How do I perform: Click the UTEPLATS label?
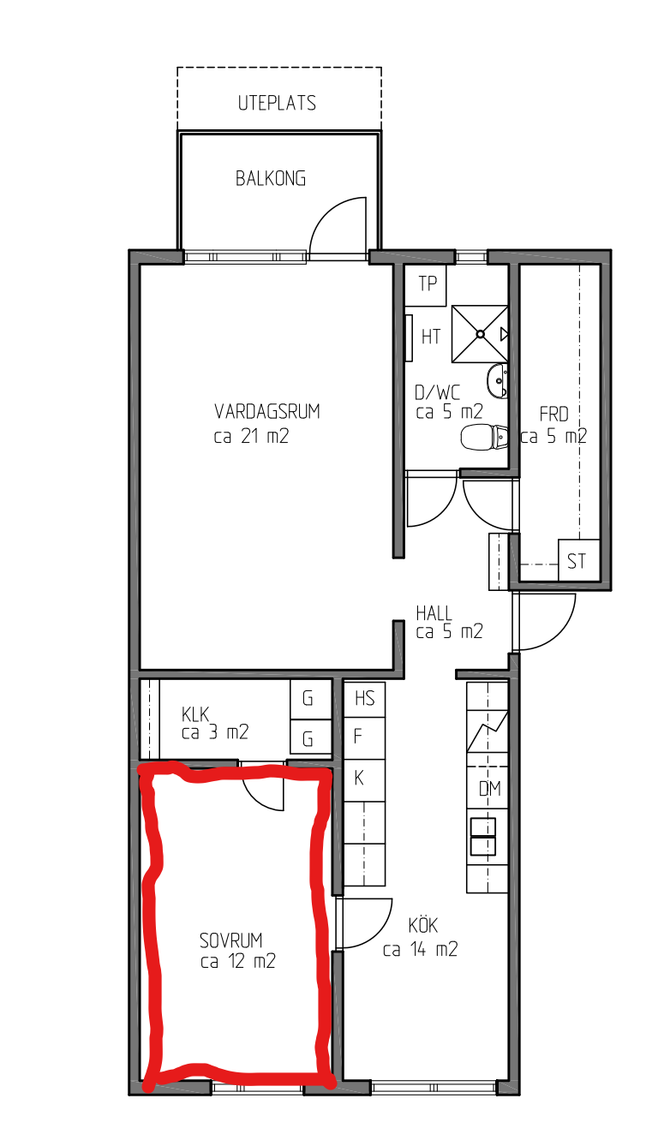tap(277, 103)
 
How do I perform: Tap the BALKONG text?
tap(271, 178)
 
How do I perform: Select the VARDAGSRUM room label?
tap(267, 411)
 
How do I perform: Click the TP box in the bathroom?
tap(425, 284)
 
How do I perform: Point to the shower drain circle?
tap(480, 334)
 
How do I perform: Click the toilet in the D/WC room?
tap(483, 438)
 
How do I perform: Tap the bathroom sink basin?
tap(497, 380)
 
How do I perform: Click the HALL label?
tap(434, 613)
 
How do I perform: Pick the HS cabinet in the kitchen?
tap(364, 699)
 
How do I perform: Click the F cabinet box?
tap(364, 738)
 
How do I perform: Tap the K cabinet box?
tap(364, 779)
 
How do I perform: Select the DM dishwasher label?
tap(489, 789)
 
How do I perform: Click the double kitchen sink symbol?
tap(483, 837)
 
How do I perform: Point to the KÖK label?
tap(422, 926)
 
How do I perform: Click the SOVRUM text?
tap(230, 940)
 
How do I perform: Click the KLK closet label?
tap(195, 714)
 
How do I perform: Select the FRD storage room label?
tap(553, 415)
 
